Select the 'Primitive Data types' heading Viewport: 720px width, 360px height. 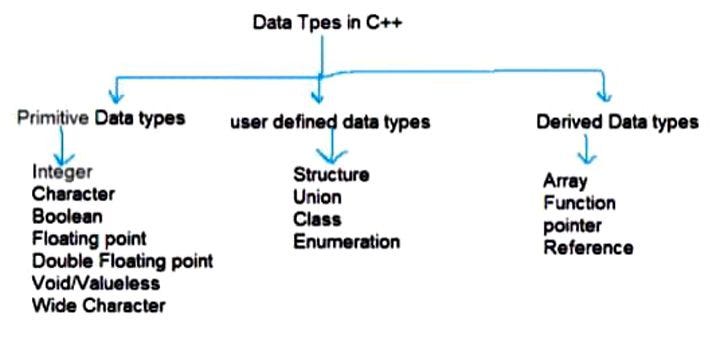101,119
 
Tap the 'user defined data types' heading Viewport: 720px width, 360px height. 330,122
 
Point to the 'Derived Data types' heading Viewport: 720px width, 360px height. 617,122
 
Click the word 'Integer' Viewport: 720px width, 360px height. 62,172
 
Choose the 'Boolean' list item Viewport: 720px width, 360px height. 67,216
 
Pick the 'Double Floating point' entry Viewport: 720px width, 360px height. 122,261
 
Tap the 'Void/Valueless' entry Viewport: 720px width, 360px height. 95,283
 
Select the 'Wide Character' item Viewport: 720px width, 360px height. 98,305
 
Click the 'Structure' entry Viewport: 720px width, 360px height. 331,175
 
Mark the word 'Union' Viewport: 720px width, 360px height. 317,197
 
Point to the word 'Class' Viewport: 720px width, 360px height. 317,219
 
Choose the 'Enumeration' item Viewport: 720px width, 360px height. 346,241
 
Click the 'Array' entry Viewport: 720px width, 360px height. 565,181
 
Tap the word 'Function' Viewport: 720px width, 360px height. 579,203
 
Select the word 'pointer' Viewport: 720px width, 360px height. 572,225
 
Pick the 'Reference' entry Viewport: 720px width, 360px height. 588,247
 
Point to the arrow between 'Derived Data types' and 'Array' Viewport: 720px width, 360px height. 588,149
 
